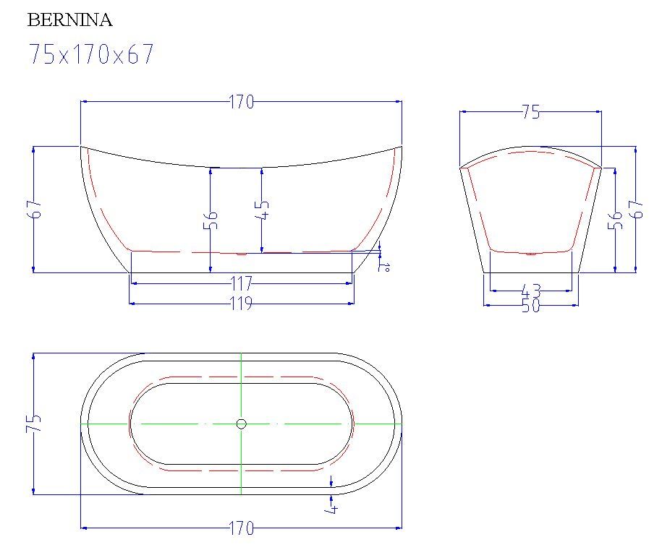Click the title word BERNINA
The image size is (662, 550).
[x=69, y=20]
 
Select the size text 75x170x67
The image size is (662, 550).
[x=90, y=54]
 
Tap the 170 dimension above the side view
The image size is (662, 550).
[x=242, y=102]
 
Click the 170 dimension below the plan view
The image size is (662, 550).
[x=242, y=528]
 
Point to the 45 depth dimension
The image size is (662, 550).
[x=262, y=210]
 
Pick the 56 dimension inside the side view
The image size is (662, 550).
[x=211, y=220]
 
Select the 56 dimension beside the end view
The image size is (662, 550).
[x=615, y=220]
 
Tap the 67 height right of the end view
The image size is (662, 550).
[x=636, y=209]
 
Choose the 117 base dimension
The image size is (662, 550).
[x=242, y=283]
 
